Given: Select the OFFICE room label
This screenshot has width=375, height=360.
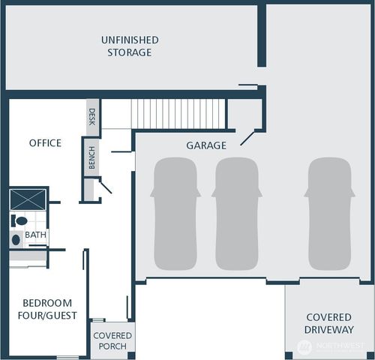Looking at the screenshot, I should [x=45, y=142].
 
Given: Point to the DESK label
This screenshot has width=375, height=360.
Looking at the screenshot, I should [x=92, y=117].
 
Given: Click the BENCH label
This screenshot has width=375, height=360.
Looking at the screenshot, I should [x=91, y=158].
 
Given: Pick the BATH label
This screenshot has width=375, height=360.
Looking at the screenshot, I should [x=35, y=235].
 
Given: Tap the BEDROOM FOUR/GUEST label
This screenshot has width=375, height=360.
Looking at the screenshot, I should [x=49, y=309].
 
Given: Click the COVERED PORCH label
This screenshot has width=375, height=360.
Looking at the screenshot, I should [x=112, y=340].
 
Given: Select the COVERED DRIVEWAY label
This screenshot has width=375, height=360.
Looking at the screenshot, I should [x=328, y=323].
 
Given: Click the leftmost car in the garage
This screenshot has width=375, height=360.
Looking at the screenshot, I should [x=175, y=214].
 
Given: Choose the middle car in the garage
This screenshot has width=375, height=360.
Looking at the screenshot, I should [x=238, y=214].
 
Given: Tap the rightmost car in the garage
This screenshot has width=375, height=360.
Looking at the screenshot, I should [x=330, y=214].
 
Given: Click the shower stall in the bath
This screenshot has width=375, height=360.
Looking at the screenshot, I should [x=28, y=199].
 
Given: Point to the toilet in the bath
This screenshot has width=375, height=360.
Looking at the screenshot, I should [x=19, y=221].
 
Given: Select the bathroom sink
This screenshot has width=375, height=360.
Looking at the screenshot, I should [x=16, y=240].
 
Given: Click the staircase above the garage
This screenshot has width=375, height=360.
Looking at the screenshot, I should [x=178, y=114].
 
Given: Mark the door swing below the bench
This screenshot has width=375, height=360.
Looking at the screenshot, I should [x=105, y=185].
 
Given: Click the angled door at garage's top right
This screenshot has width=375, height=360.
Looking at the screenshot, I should [x=247, y=138].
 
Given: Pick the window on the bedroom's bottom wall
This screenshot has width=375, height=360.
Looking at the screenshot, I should [x=67, y=357].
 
